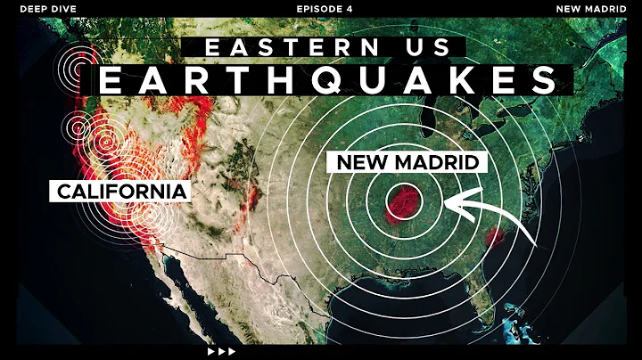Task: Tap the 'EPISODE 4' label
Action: pyautogui.click(x=320, y=8)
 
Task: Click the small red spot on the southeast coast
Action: pyautogui.click(x=493, y=236)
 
